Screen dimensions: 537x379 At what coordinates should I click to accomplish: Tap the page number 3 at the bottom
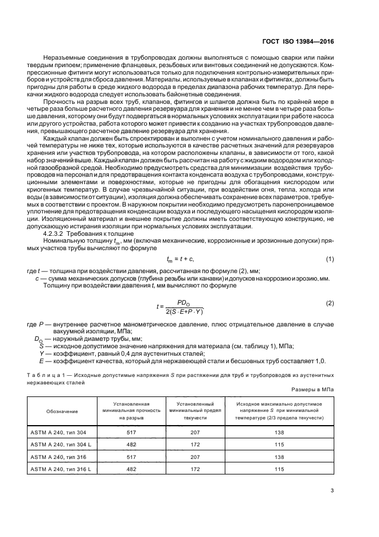pos(333,489)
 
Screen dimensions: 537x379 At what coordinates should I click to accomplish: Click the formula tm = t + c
pos(189,260)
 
